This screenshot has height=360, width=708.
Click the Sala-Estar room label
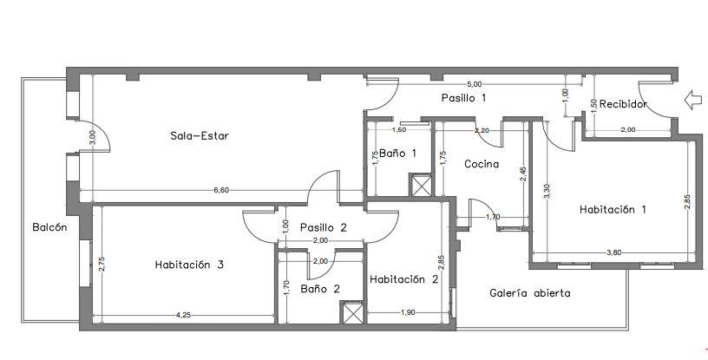tap(200, 135)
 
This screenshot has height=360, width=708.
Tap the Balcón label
tap(49, 227)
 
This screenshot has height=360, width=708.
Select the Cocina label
tap(482, 164)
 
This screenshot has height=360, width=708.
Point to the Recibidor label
tap(624, 104)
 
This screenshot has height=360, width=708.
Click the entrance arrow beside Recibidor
tap(693, 100)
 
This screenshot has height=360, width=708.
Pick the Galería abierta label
tap(530, 293)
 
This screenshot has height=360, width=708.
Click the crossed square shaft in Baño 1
tap(421, 185)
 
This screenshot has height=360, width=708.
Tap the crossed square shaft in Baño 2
tap(351, 312)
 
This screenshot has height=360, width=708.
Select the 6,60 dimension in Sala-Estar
tap(221, 190)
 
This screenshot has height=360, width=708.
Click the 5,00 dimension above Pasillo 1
tap(474, 84)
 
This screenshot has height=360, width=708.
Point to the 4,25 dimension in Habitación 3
tap(183, 315)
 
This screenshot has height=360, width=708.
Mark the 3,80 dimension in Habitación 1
tap(614, 253)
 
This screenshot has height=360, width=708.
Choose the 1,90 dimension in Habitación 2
tap(408, 312)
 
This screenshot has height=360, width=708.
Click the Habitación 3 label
tap(189, 265)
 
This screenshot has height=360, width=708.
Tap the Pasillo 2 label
tap(324, 227)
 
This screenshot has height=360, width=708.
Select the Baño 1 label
tap(397, 154)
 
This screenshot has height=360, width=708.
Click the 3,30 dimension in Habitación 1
tap(547, 190)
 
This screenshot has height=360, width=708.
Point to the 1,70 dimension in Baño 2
tap(286, 288)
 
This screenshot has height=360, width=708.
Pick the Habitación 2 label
tap(404, 279)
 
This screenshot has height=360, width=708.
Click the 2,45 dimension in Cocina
tap(523, 173)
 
